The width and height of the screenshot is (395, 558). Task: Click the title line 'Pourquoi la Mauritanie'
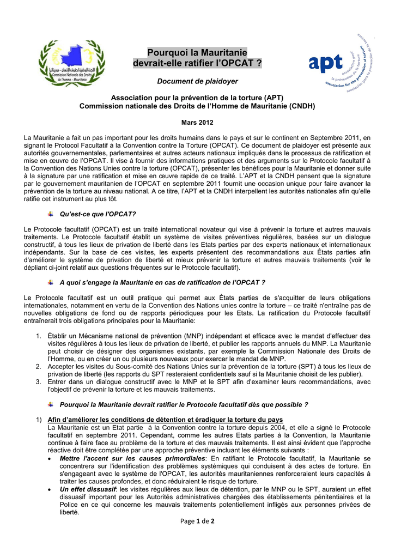tap(197, 53)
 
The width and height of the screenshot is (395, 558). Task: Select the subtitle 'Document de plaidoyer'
tap(197, 81)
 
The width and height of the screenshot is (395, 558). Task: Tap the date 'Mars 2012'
tap(197, 123)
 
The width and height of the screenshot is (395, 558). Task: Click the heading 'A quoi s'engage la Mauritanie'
tap(162, 282)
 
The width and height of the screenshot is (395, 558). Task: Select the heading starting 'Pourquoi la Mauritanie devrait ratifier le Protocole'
tap(184, 405)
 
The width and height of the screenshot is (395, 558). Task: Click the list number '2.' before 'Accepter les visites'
tap(39, 366)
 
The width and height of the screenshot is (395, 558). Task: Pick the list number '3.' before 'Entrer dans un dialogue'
tap(39, 382)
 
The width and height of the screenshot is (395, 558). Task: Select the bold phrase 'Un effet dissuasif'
tap(89, 489)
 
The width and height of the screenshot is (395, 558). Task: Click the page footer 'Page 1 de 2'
tap(197, 521)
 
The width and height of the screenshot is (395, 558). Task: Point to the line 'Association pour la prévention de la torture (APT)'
tap(197, 98)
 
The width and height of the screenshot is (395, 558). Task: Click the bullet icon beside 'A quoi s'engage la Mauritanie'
tap(51, 282)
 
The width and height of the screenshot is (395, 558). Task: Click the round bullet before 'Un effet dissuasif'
tap(51, 489)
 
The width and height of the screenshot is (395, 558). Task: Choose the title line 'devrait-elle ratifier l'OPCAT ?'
tap(197, 64)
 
